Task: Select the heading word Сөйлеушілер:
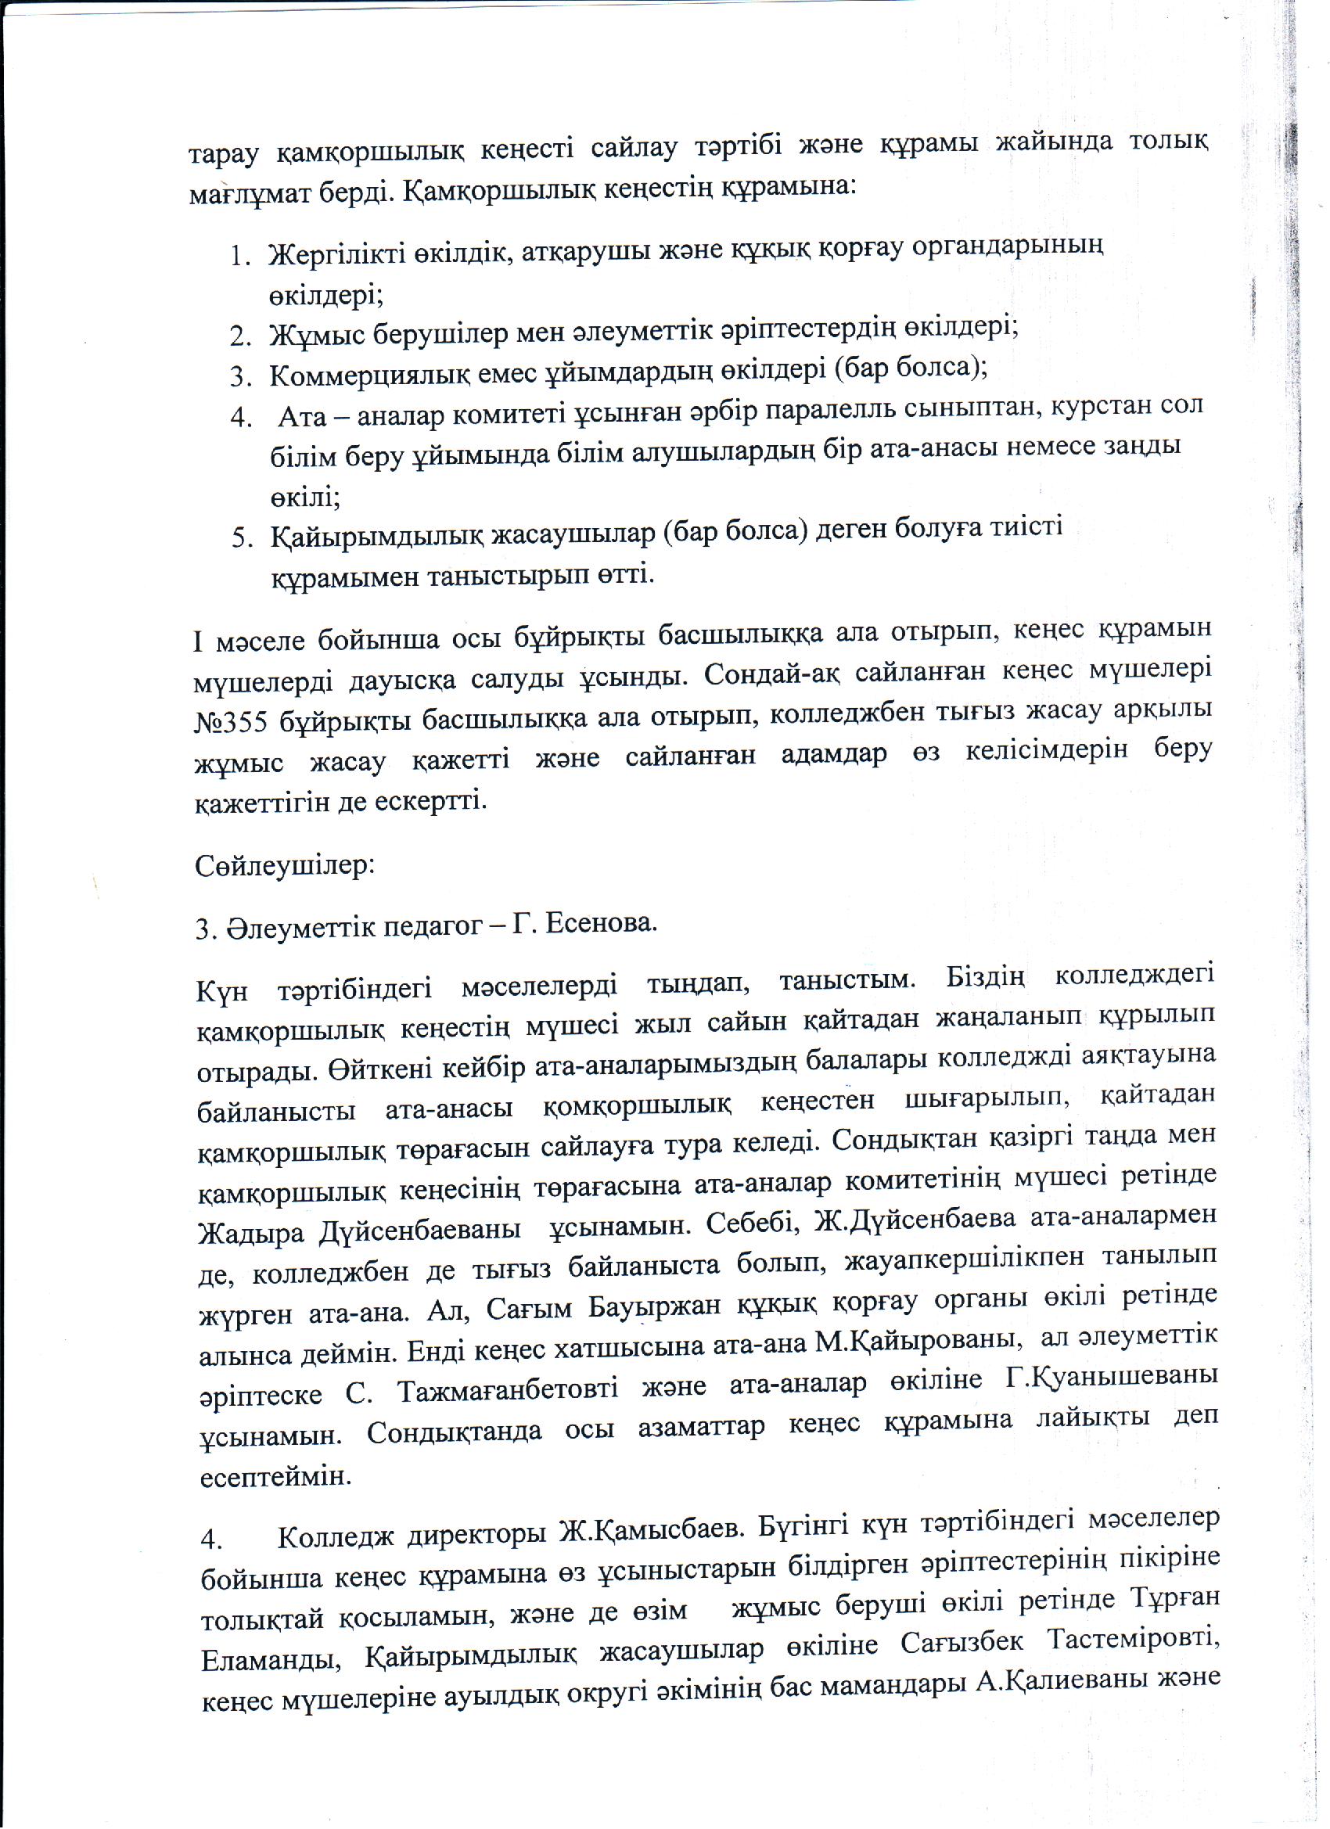point(284,866)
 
